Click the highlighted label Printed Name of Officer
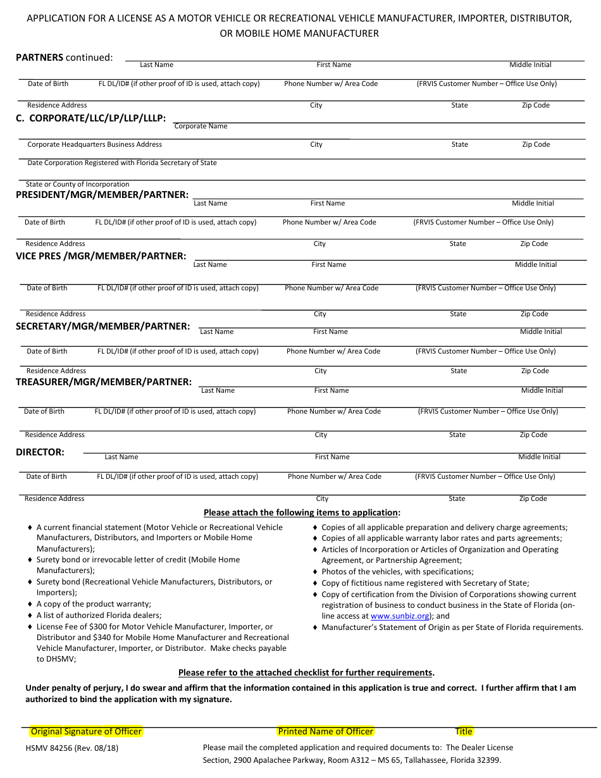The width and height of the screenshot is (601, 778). point(326,731)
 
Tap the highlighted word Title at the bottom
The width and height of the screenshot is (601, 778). point(464,731)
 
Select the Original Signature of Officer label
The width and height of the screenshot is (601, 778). point(87,731)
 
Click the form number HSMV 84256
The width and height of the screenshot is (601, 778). point(71,748)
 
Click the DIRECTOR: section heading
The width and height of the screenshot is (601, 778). point(40,452)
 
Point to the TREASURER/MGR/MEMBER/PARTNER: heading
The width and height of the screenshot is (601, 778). point(104,382)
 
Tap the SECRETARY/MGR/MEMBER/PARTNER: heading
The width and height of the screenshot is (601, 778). point(102,326)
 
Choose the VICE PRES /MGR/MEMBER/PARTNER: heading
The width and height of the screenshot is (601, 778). point(101,256)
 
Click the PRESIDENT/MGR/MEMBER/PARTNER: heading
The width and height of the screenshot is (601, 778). point(102,195)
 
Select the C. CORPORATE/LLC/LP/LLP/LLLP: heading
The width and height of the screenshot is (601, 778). point(90,118)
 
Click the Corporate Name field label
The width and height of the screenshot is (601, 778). point(201,127)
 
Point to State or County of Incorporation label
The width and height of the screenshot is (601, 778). point(77,185)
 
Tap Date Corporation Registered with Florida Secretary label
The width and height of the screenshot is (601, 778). point(122,163)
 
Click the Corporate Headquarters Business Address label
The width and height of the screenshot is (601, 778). point(95,145)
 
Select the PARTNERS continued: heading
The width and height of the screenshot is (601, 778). point(64,58)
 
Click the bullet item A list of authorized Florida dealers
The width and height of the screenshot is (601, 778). point(99,615)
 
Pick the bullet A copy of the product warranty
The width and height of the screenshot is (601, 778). point(94,604)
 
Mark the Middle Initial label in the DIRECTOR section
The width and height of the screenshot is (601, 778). point(539,457)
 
